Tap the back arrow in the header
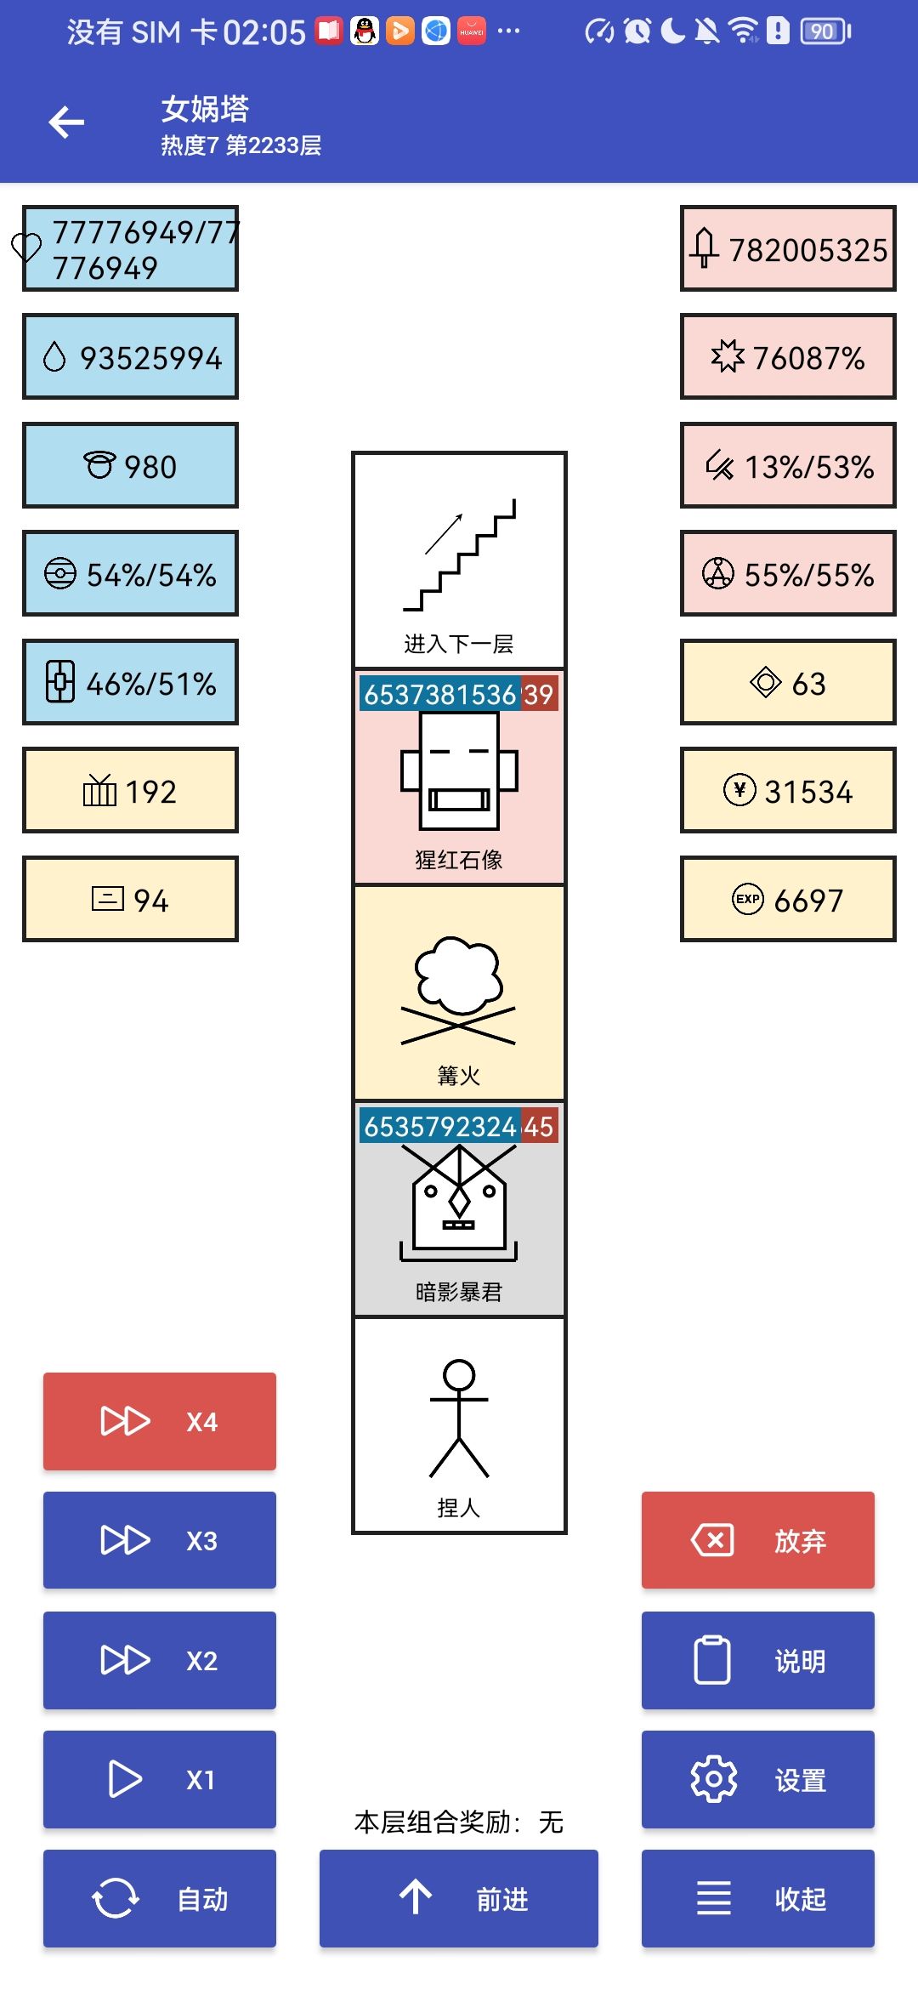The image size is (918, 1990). (x=66, y=122)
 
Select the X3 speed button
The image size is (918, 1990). (x=160, y=1540)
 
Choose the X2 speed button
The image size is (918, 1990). (x=160, y=1660)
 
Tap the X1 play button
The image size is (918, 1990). (x=160, y=1779)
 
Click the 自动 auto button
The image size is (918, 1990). (x=160, y=1898)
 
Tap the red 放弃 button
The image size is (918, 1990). (x=757, y=1540)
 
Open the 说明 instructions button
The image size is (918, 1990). (x=757, y=1660)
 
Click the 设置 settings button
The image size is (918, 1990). (x=757, y=1779)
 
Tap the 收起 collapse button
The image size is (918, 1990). (x=757, y=1898)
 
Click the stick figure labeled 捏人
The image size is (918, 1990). (x=459, y=1425)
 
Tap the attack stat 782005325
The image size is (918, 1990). (x=788, y=248)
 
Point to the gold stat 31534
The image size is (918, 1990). (x=788, y=791)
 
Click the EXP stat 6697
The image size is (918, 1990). (x=788, y=899)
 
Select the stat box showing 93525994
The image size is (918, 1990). (x=130, y=356)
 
